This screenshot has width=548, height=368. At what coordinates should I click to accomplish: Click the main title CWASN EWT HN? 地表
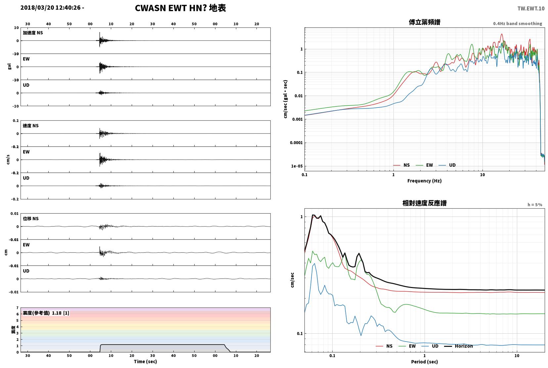[x=180, y=8]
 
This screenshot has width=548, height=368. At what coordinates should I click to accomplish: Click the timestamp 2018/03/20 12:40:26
[x=50, y=8]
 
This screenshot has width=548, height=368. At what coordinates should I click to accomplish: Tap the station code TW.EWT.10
[x=531, y=9]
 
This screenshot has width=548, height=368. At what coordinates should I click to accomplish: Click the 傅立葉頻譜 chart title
[x=425, y=22]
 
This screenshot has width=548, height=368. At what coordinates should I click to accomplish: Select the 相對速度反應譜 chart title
[x=425, y=203]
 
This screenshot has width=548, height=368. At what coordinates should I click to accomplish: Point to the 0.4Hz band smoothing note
[x=518, y=23]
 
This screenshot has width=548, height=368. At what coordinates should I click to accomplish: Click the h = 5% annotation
[x=534, y=205]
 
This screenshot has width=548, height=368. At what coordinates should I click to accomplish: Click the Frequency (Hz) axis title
[x=425, y=181]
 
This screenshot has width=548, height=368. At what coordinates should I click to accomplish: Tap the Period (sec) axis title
[x=425, y=362]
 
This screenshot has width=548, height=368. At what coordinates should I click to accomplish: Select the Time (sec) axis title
[x=145, y=361]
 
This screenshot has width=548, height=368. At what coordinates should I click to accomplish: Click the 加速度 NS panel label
[x=33, y=33]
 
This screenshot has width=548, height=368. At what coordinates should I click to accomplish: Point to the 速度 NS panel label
[x=30, y=126]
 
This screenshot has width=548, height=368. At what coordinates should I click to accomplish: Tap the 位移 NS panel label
[x=30, y=219]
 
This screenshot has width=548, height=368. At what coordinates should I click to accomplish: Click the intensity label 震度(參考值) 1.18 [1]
[x=46, y=313]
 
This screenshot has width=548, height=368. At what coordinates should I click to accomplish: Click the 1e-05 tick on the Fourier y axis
[x=297, y=166]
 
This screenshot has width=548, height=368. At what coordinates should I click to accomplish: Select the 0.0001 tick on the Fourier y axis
[x=296, y=143]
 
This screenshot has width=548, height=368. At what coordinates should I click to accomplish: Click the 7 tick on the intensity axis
[x=17, y=308]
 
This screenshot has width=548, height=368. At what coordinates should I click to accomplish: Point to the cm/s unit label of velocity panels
[x=8, y=159]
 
